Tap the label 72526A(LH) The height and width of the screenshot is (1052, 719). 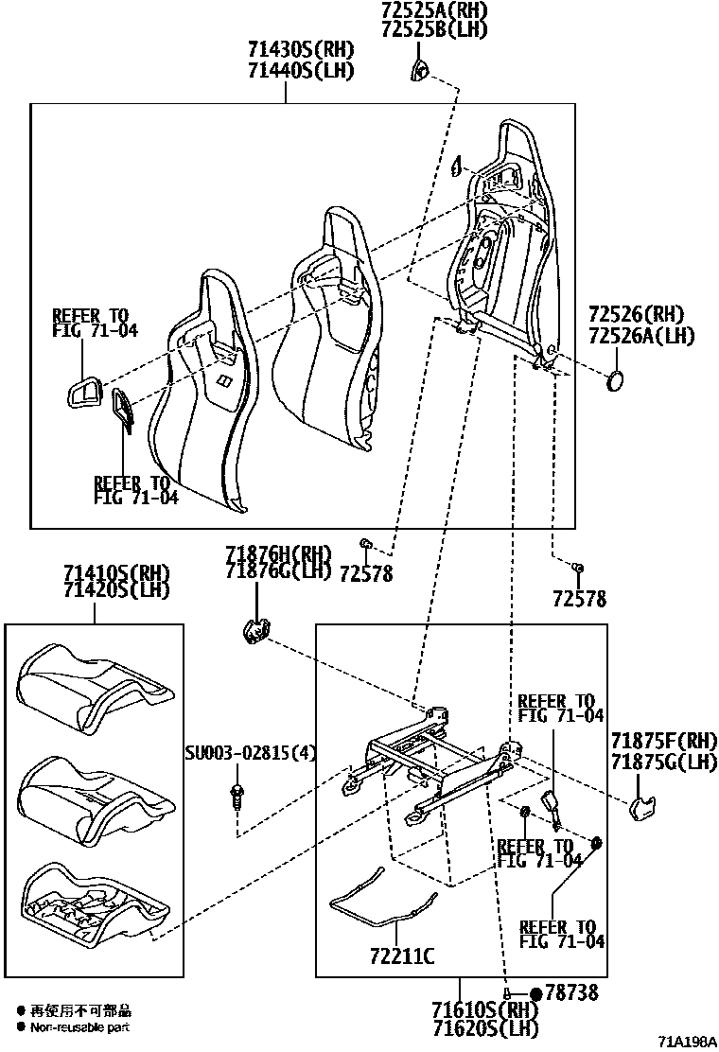coord(640,335)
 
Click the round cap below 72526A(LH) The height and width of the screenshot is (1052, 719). coord(616,381)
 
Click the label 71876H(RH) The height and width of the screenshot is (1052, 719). coord(279,553)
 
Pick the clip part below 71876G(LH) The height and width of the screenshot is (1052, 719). coord(255,631)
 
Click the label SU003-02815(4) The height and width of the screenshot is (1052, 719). coord(250,753)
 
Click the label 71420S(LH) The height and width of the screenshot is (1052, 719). coord(116,590)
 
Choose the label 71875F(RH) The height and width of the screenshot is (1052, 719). coord(663,741)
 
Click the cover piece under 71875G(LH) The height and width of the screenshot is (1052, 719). coord(644,805)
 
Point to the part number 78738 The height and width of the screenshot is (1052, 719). coord(574,993)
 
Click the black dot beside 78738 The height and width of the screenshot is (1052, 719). coord(536,993)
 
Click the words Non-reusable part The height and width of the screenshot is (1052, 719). coord(80,1026)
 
